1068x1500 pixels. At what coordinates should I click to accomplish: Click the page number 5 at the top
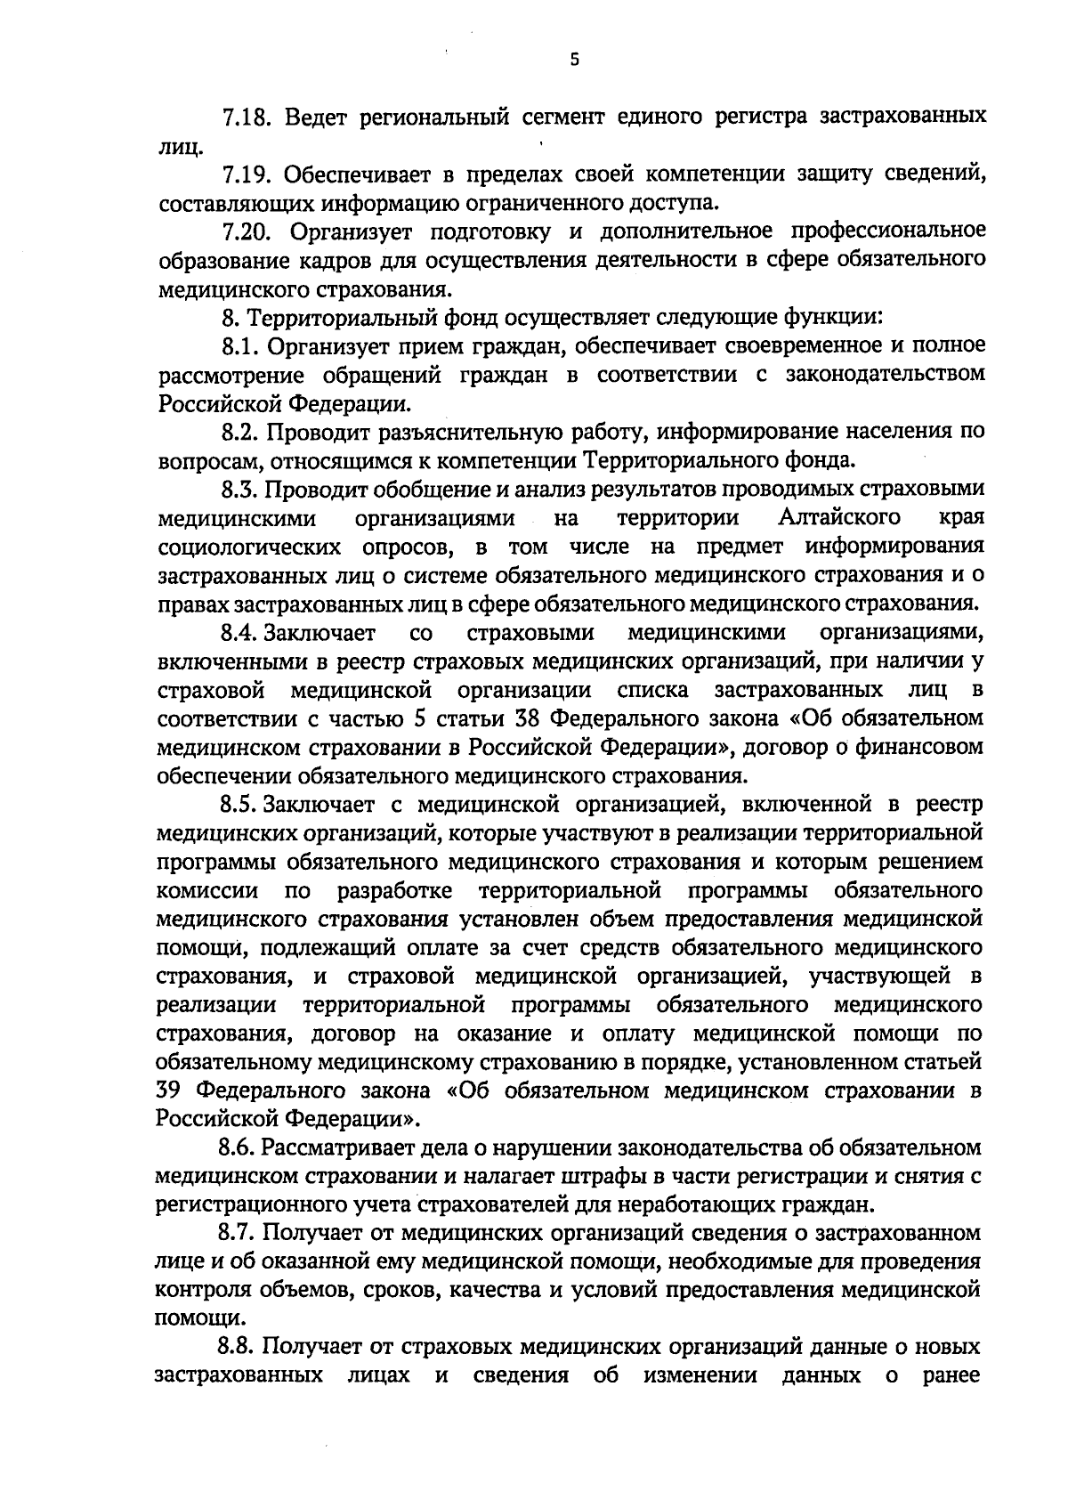574,60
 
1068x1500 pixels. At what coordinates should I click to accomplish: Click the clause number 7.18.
247,118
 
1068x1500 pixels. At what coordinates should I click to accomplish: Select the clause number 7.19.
247,174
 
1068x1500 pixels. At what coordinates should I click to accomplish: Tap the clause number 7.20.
247,231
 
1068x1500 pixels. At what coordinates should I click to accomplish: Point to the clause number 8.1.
240,345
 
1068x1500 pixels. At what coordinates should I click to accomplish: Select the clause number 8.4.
239,633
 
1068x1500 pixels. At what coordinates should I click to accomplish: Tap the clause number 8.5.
239,805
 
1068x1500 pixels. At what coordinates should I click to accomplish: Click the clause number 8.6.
239,1147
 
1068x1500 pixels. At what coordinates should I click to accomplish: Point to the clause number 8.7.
239,1233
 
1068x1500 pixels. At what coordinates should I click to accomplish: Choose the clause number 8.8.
239,1347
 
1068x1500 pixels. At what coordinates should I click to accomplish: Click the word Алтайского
838,517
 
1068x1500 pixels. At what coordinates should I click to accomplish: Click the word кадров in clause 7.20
321,260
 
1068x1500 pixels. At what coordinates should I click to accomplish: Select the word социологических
248,547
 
